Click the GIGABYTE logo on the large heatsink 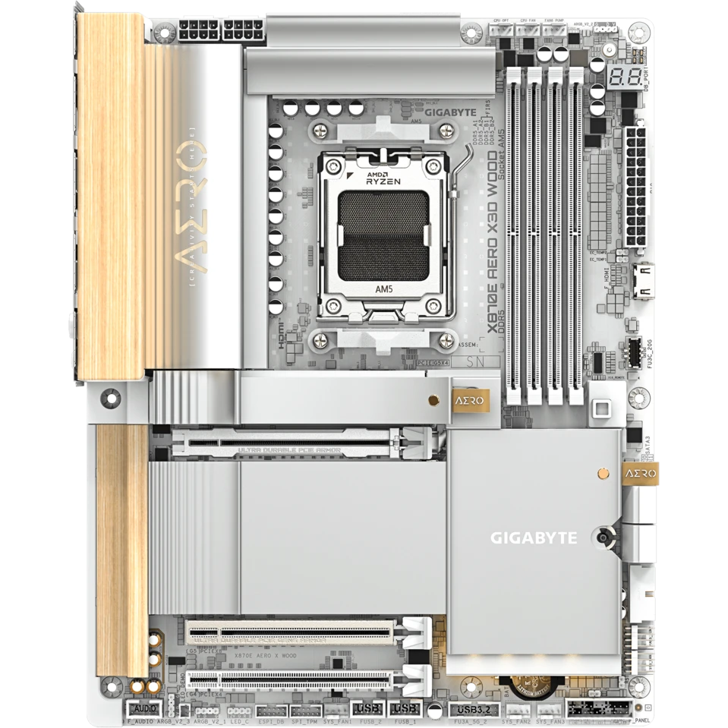tap(533, 538)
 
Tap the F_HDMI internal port tap(641, 280)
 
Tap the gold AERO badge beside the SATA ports tap(639, 474)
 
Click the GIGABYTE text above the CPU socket tap(451, 112)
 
